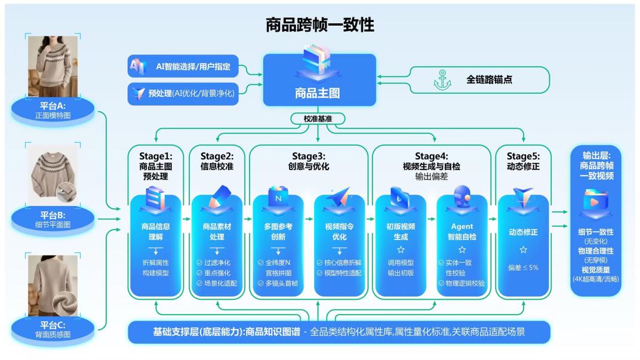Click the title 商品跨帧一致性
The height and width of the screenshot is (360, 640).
[320, 25]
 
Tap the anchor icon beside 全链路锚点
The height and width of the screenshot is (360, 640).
[442, 79]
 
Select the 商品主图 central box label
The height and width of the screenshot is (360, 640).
[317, 93]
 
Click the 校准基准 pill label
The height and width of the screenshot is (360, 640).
[317, 119]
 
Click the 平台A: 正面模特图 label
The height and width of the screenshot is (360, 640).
[52, 110]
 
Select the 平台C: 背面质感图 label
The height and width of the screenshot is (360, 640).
[52, 328]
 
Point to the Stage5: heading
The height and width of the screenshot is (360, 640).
[522, 156]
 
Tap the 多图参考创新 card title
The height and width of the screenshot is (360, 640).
[278, 232]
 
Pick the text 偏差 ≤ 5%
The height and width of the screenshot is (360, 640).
[522, 267]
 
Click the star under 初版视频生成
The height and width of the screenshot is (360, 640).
[401, 250]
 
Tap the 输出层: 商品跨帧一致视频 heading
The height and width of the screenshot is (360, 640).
[596, 167]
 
